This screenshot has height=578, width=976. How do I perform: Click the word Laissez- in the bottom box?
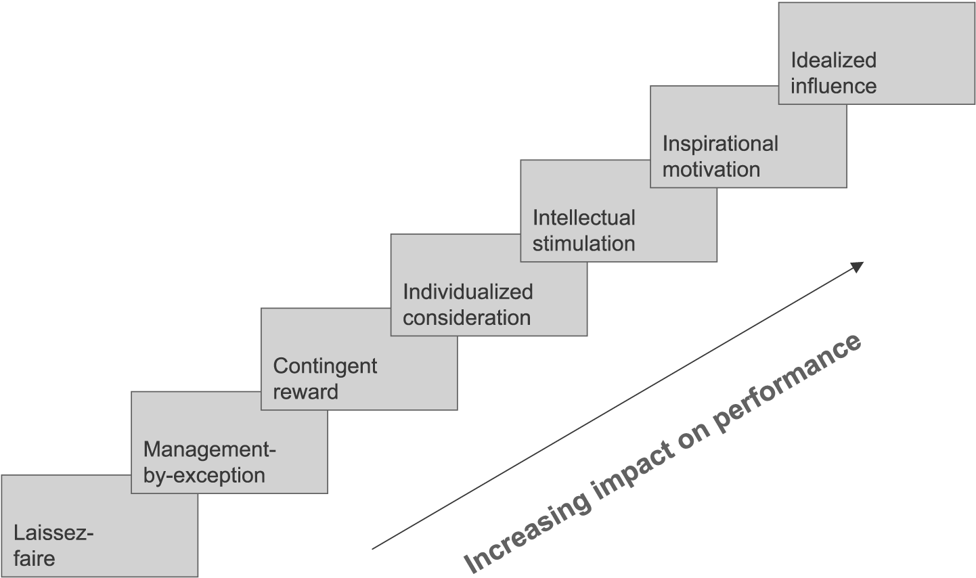coord(53,533)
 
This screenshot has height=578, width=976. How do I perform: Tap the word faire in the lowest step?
coord(34,558)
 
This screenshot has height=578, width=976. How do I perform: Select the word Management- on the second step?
coord(210,449)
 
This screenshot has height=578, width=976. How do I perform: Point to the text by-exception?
coord(204,475)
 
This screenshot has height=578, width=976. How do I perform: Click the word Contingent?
coord(325,366)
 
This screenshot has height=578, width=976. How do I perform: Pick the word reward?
coord(305,392)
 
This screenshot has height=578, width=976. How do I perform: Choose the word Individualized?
coord(468,292)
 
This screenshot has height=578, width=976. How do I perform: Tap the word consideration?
coord(466,317)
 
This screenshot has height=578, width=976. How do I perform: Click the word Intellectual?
coord(583,218)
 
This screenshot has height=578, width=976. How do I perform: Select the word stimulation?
coord(583,244)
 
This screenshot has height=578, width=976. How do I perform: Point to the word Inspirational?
coord(720,143)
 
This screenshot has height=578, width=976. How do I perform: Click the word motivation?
coord(711,169)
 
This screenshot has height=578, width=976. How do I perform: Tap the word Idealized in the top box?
coord(833,60)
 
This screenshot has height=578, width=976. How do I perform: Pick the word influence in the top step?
coord(833,86)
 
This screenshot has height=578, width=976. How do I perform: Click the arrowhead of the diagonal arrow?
coord(858,265)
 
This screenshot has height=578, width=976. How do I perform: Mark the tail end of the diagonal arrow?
coord(374,548)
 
